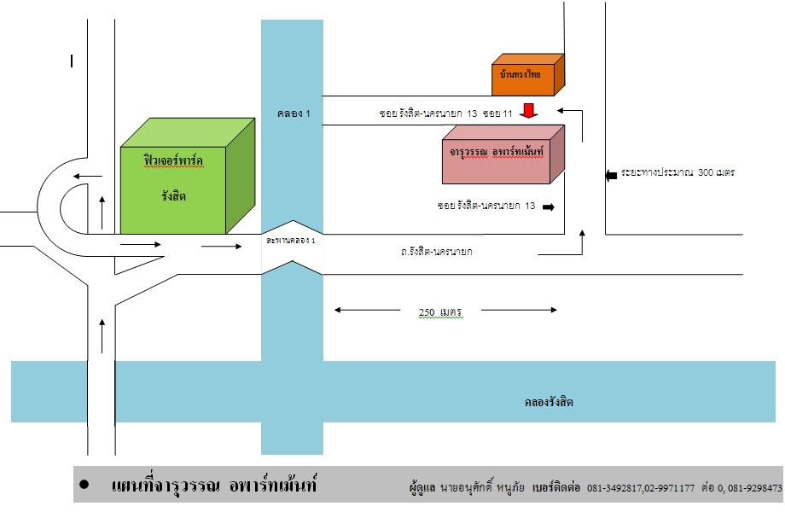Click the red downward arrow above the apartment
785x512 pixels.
(x=530, y=111)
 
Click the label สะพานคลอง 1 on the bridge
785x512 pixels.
(x=291, y=241)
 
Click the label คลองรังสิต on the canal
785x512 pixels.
(x=549, y=402)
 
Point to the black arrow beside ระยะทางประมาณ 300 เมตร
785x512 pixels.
(x=611, y=175)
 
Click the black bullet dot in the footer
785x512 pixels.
(x=84, y=484)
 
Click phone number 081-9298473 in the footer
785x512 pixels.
(x=752, y=489)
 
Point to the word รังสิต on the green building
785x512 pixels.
(x=174, y=196)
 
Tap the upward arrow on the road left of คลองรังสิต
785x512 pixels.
(x=102, y=335)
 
